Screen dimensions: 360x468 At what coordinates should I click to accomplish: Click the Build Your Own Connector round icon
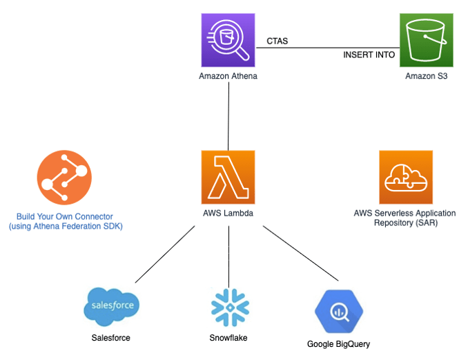pyautogui.click(x=63, y=178)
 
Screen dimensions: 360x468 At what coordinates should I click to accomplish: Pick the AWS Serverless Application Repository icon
pyautogui.click(x=405, y=177)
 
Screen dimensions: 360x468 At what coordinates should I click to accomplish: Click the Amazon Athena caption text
pyautogui.click(x=228, y=76)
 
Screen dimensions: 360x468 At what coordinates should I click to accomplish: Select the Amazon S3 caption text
pyautogui.click(x=426, y=76)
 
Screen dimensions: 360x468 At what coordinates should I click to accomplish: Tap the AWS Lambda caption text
pyautogui.click(x=228, y=213)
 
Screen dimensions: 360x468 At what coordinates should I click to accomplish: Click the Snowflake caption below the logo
pyautogui.click(x=228, y=338)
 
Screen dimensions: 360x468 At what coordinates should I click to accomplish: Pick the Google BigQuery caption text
pyautogui.click(x=338, y=344)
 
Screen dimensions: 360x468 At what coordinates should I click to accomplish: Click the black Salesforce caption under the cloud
pyautogui.click(x=110, y=338)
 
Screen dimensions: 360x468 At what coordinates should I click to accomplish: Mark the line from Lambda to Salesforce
pyautogui.click(x=166, y=254)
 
